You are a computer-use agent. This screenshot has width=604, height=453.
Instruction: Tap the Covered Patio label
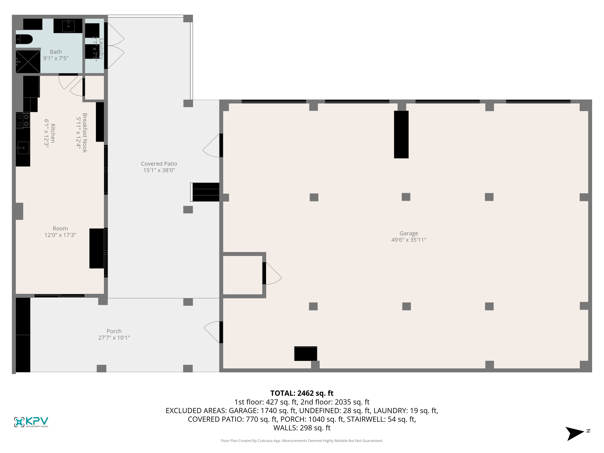pos(159,164)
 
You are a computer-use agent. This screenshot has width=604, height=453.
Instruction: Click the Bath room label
pos(56,52)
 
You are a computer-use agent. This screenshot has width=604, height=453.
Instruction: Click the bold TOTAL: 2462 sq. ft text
pos(302,393)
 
